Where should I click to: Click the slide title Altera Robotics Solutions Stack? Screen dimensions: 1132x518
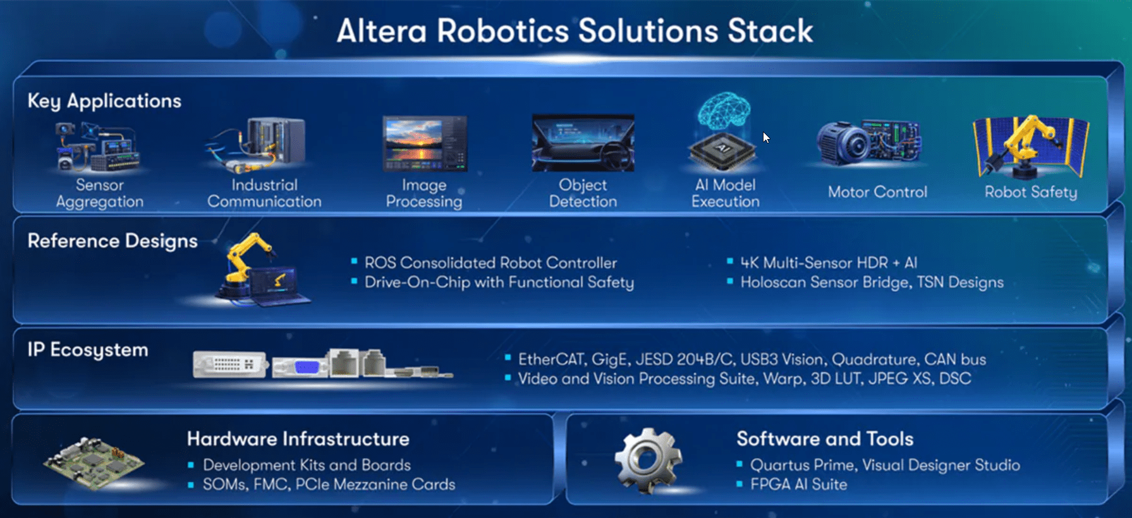[x=575, y=31]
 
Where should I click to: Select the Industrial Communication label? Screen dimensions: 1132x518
[x=264, y=193]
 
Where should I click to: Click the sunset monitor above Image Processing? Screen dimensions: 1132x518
[x=425, y=143]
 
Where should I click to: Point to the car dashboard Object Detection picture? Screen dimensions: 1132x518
[x=583, y=143]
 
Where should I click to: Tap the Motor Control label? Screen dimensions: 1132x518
[x=877, y=192]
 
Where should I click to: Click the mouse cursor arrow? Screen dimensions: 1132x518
[x=766, y=138]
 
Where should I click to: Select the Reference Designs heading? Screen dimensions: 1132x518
[x=113, y=241]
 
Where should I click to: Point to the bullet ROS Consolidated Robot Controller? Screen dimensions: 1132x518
[x=490, y=263]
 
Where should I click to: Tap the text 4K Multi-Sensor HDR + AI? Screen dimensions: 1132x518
[x=829, y=263]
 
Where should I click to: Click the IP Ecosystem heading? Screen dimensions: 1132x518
[x=88, y=350]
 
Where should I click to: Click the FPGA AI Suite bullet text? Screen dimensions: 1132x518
[x=799, y=485]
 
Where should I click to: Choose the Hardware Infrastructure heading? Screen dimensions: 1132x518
[x=298, y=439]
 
